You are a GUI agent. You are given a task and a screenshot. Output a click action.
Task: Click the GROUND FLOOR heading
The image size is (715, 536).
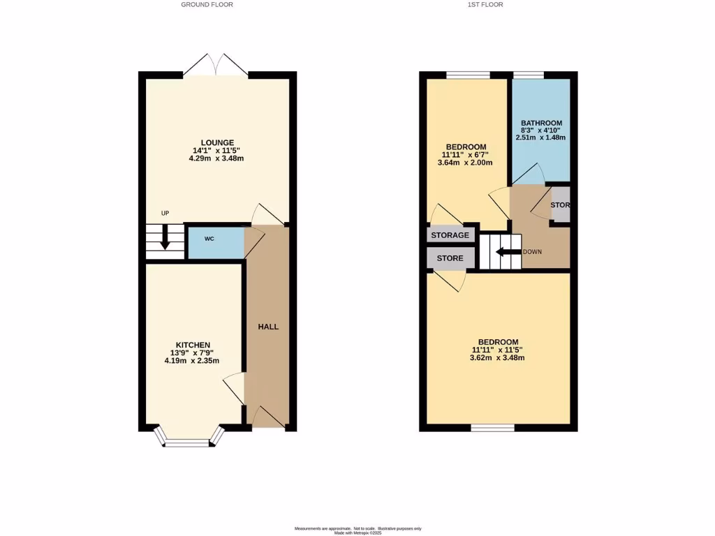207,5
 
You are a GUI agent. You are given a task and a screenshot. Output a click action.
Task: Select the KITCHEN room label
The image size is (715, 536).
193,345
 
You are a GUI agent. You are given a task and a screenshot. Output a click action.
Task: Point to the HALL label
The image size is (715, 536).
268,327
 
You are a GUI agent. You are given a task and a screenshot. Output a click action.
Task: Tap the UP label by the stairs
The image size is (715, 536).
165,214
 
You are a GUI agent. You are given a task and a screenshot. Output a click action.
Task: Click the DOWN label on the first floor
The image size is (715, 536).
532,252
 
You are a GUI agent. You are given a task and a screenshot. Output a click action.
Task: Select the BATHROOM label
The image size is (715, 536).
541,124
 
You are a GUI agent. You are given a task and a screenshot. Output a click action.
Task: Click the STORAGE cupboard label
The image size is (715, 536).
450,236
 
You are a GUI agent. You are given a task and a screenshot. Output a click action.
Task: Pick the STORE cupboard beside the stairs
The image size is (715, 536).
450,258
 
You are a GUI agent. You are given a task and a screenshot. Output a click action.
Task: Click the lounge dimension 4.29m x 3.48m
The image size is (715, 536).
216,158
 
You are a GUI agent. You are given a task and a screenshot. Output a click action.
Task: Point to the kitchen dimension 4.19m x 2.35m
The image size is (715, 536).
192,361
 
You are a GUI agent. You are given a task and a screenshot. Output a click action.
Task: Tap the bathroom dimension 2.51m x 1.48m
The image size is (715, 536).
541,137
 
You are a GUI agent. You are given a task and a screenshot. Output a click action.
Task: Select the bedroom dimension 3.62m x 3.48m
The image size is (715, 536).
497,358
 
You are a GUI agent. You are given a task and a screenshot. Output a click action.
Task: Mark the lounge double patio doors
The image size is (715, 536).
216,66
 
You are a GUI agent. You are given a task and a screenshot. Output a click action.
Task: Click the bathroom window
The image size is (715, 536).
529,75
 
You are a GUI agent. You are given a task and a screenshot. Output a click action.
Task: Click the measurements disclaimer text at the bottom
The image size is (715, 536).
357,528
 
